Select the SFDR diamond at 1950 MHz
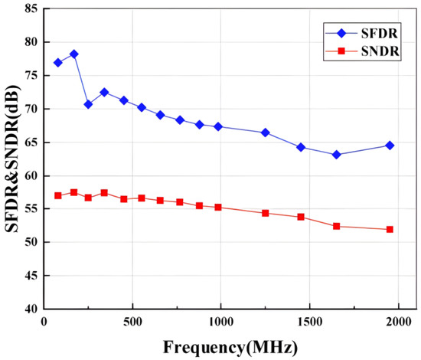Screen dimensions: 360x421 point(390,146)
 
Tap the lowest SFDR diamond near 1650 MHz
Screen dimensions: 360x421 point(336,155)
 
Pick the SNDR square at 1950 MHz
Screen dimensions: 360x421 point(390,229)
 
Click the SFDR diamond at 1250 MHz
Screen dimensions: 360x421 point(266,133)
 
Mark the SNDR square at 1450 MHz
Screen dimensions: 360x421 point(301,217)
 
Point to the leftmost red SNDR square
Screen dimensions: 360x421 point(58,195)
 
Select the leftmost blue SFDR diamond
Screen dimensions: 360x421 point(58,63)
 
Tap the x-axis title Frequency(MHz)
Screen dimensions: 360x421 point(230,346)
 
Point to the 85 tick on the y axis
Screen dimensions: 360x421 point(31,9)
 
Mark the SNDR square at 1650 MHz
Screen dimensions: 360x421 point(336,226)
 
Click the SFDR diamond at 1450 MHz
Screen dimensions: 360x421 point(301,147)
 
